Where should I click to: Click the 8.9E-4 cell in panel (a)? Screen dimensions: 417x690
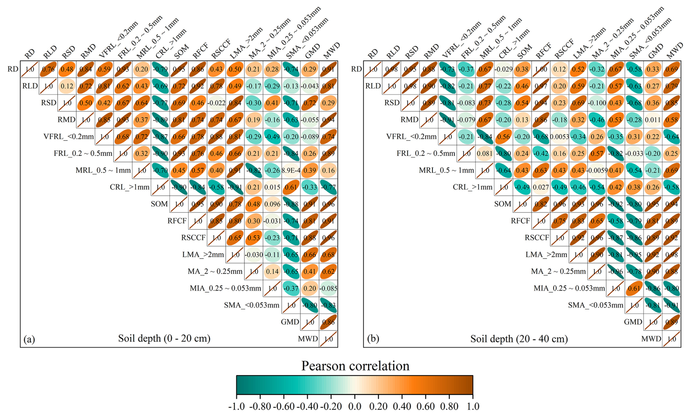click(291, 170)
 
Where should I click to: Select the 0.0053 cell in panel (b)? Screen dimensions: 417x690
click(559, 137)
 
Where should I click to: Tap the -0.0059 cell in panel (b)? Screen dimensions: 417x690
click(597, 170)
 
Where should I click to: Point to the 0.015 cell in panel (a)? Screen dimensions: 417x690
click(272, 187)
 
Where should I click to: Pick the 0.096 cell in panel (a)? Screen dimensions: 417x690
click(272, 204)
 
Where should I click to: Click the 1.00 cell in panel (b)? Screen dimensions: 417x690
click(541, 69)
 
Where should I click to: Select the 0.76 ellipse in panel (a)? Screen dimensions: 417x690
click(49, 69)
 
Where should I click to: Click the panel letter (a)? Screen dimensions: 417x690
click(29, 339)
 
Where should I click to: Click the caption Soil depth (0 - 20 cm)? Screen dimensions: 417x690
click(164, 339)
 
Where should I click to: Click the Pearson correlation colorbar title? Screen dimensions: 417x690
click(355, 366)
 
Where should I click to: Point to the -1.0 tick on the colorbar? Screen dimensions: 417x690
click(236, 406)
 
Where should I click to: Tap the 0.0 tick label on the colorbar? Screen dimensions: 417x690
click(354, 406)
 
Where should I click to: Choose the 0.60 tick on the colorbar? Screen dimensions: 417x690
click(426, 406)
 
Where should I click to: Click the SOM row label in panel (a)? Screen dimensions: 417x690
click(159, 204)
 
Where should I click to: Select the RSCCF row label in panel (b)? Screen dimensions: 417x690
click(537, 238)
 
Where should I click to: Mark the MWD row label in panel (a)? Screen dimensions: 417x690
click(308, 339)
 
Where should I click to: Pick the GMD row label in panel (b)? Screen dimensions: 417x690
click(633, 322)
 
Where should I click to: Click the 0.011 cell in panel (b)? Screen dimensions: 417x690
click(652, 120)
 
